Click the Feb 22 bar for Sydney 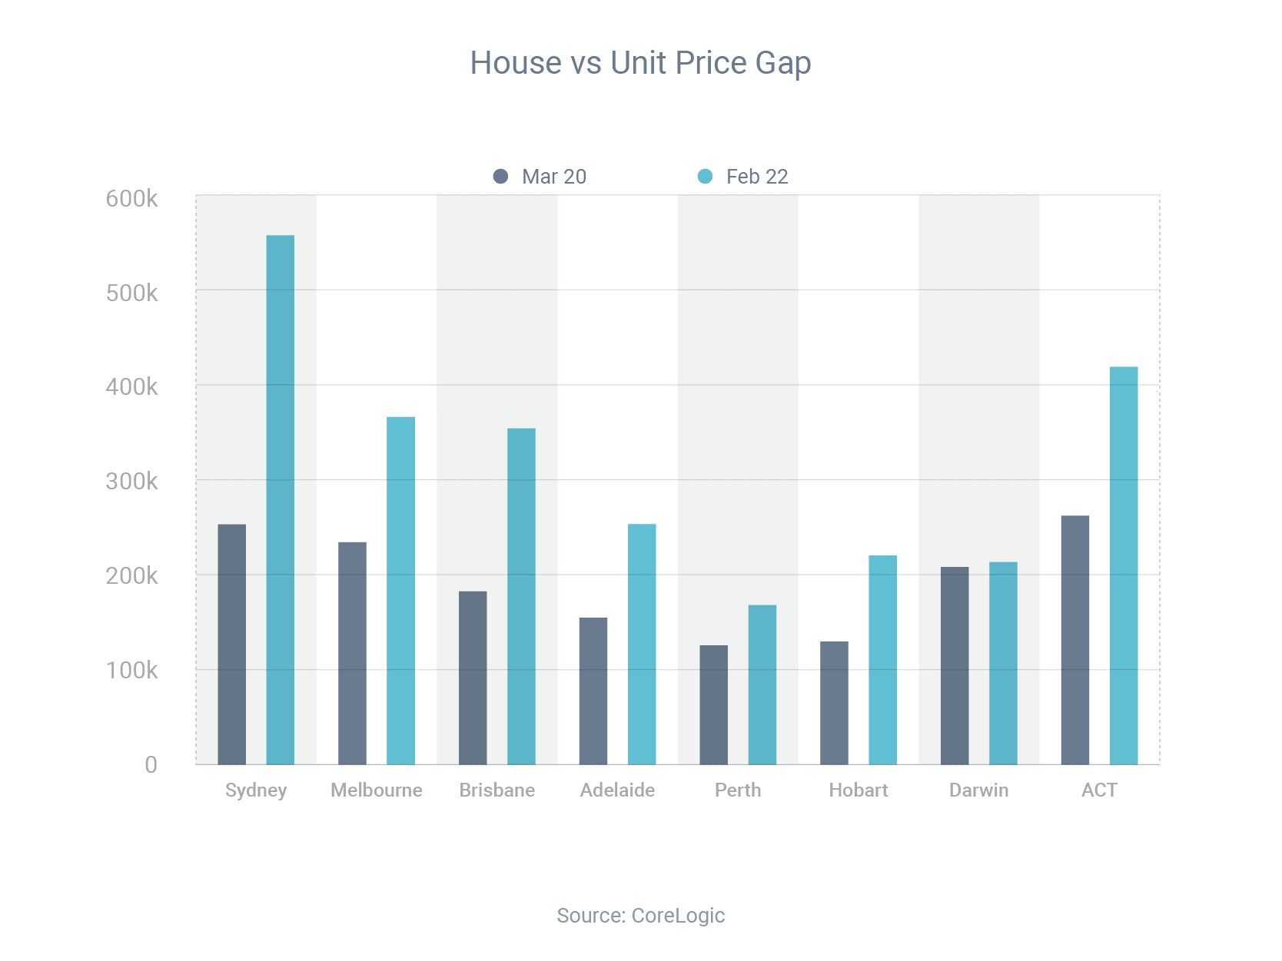(280, 499)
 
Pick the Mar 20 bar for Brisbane (473, 678)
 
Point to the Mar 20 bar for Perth (713, 704)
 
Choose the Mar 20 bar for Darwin (955, 665)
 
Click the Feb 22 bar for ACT (1124, 565)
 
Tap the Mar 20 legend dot (500, 177)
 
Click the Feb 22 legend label (757, 177)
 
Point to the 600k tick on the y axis (131, 199)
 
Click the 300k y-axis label (131, 482)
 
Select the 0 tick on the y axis (151, 764)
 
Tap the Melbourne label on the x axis (377, 790)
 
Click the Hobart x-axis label (859, 790)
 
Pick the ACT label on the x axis (1099, 790)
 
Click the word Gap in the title (782, 64)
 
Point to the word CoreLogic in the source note (678, 916)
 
